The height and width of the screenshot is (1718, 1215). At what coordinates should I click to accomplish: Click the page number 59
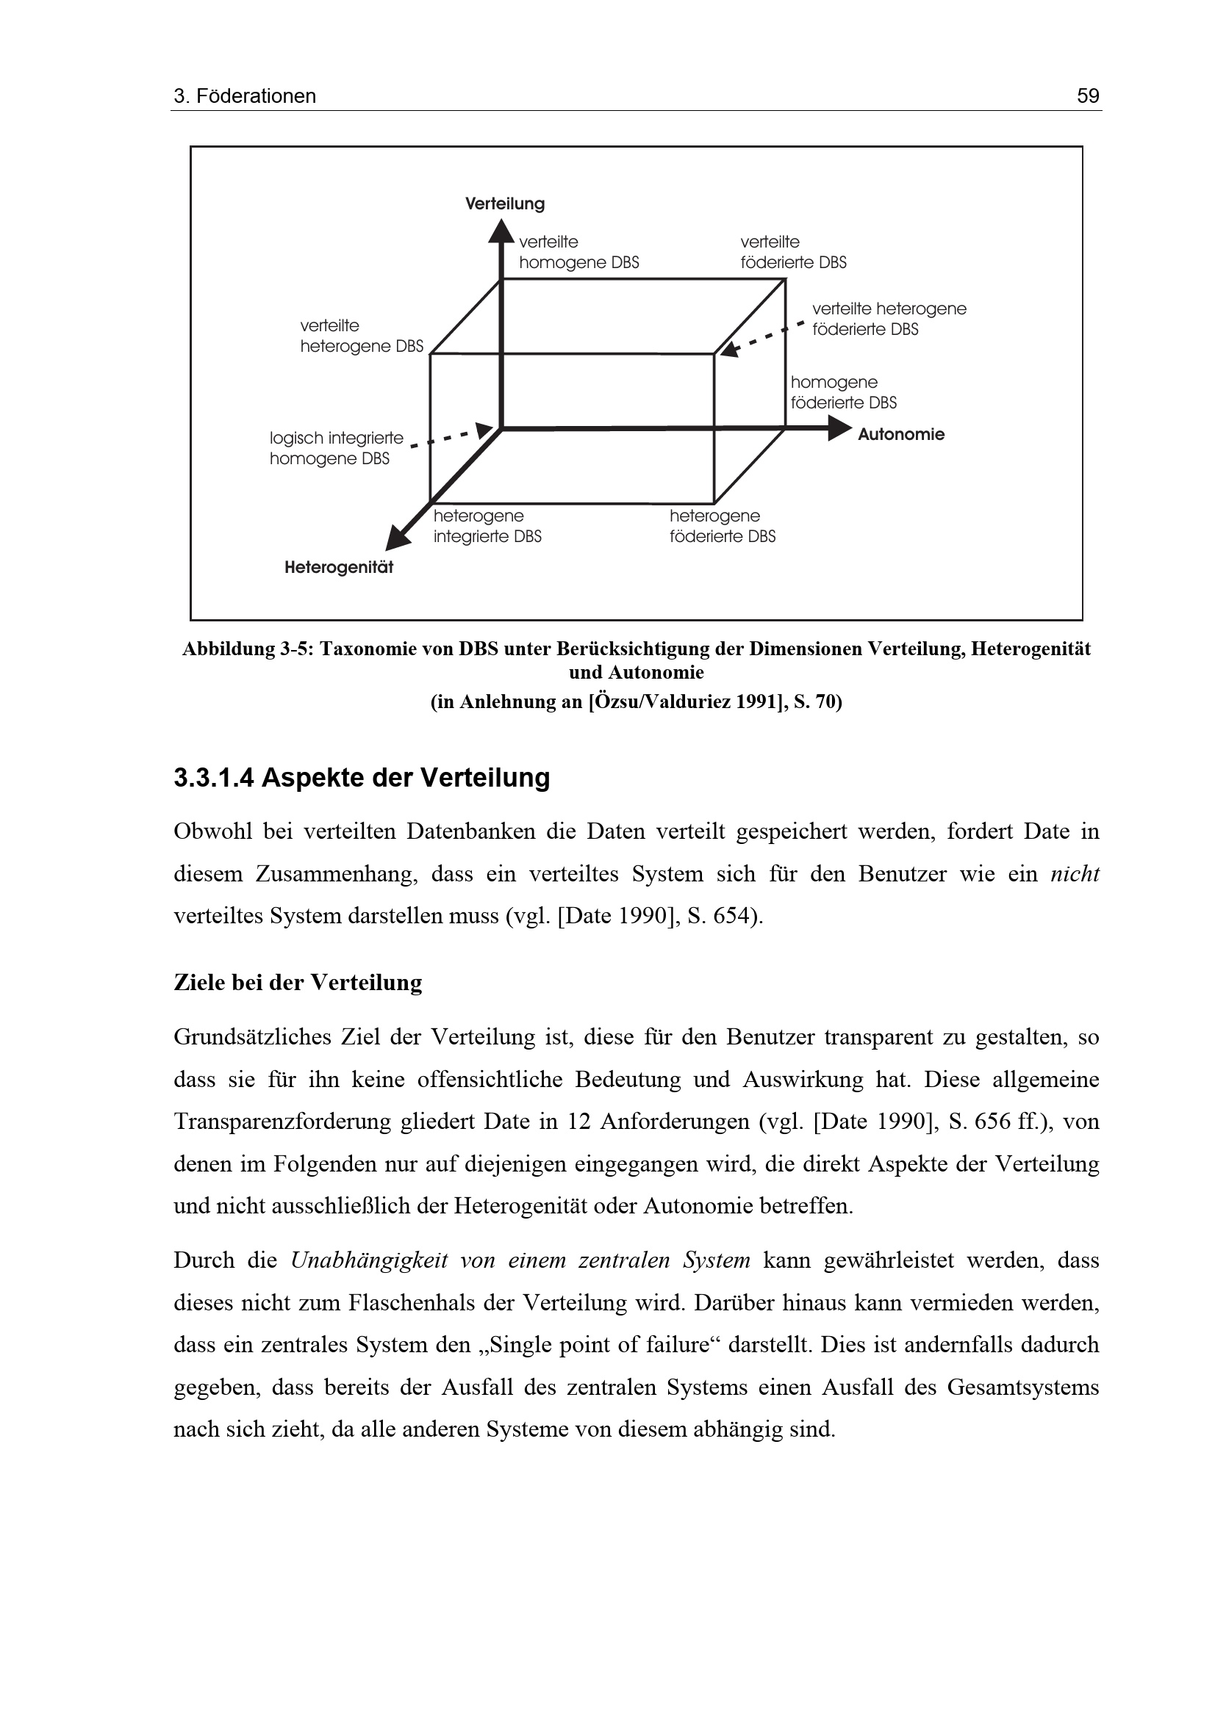tap(1088, 95)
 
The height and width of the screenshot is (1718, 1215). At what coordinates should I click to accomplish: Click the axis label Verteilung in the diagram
tap(505, 203)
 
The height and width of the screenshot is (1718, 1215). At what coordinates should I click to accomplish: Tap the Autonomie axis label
tap(900, 434)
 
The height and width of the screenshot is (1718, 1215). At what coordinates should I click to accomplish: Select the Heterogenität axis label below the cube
tap(339, 567)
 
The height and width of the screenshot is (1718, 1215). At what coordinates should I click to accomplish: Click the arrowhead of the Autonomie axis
tap(840, 429)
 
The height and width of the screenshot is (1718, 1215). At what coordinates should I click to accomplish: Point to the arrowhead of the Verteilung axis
tap(501, 231)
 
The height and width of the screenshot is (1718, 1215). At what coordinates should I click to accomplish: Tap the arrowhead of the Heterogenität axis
tap(397, 540)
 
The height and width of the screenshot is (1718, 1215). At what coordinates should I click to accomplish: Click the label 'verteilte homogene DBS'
tap(578, 252)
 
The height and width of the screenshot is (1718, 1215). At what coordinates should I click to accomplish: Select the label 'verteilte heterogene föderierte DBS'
tap(889, 319)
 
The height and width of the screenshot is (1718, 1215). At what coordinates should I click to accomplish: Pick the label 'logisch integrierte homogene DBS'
tap(336, 448)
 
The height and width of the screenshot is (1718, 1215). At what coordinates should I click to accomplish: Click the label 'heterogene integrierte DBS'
tap(487, 526)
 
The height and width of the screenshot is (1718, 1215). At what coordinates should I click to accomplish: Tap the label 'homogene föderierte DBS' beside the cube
tap(844, 392)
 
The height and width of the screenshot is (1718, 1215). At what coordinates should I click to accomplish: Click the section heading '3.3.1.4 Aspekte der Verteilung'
tap(362, 778)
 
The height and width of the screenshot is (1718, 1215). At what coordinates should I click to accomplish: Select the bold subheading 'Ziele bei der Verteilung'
tap(298, 982)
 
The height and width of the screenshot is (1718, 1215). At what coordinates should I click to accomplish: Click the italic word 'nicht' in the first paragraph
tap(1075, 874)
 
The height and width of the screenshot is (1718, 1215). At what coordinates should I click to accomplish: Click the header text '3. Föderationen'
tap(245, 95)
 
